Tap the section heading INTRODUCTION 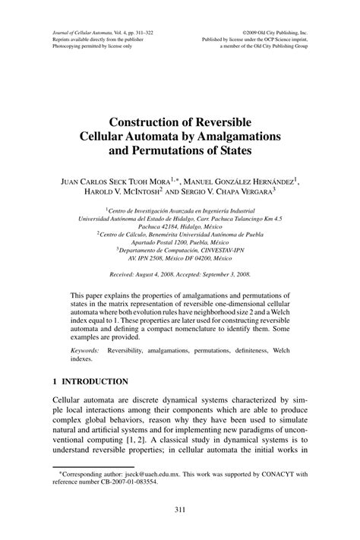click(96, 380)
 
